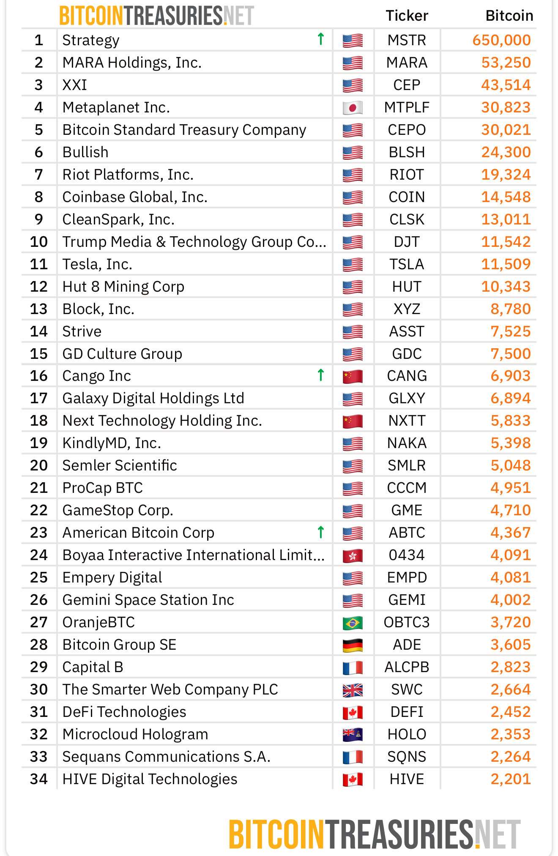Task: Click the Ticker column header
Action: coord(407,16)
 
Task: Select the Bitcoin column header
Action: coord(509,16)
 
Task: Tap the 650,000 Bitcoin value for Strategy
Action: coord(501,40)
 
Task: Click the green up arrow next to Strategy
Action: coord(321,39)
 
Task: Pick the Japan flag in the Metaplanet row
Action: coord(353,107)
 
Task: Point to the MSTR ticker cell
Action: coord(407,40)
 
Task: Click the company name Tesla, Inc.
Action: coord(97,264)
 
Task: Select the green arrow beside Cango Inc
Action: coord(321,375)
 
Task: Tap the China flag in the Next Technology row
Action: coord(353,421)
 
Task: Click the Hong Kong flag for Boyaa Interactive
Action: coord(353,555)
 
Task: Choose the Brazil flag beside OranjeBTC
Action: coord(353,623)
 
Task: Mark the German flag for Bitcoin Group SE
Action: coord(353,645)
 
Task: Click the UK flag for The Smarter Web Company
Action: coord(353,690)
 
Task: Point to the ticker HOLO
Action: coord(407,734)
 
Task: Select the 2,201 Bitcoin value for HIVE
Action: coord(510,779)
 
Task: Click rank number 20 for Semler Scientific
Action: coord(39,465)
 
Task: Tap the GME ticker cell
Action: coord(407,510)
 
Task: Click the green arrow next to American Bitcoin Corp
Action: coord(321,532)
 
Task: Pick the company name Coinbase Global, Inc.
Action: coord(135,197)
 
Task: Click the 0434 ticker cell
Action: coord(407,555)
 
